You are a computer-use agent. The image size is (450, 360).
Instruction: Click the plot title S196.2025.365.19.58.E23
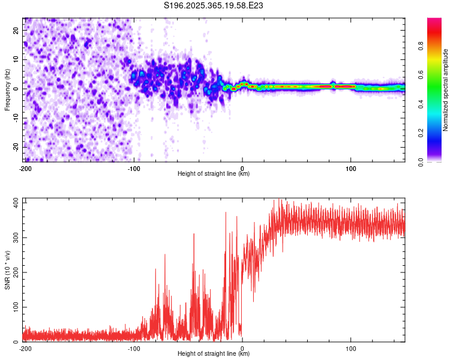214,5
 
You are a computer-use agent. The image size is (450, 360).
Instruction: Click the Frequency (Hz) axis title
7,89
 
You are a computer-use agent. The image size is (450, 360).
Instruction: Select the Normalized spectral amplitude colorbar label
446,91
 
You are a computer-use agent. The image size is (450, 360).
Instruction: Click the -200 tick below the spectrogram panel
25,169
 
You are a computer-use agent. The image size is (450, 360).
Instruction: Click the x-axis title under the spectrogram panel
214,174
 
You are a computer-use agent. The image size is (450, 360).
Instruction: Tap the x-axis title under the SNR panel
214,354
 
